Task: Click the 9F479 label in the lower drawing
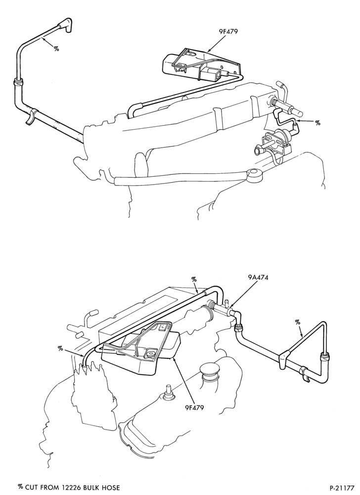tap(194, 407)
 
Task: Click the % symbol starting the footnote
tap(21, 487)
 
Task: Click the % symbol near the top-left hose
tap(56, 49)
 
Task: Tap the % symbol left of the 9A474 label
tap(194, 279)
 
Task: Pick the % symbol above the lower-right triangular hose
tap(298, 322)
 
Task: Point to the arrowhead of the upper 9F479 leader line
tap(208, 50)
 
